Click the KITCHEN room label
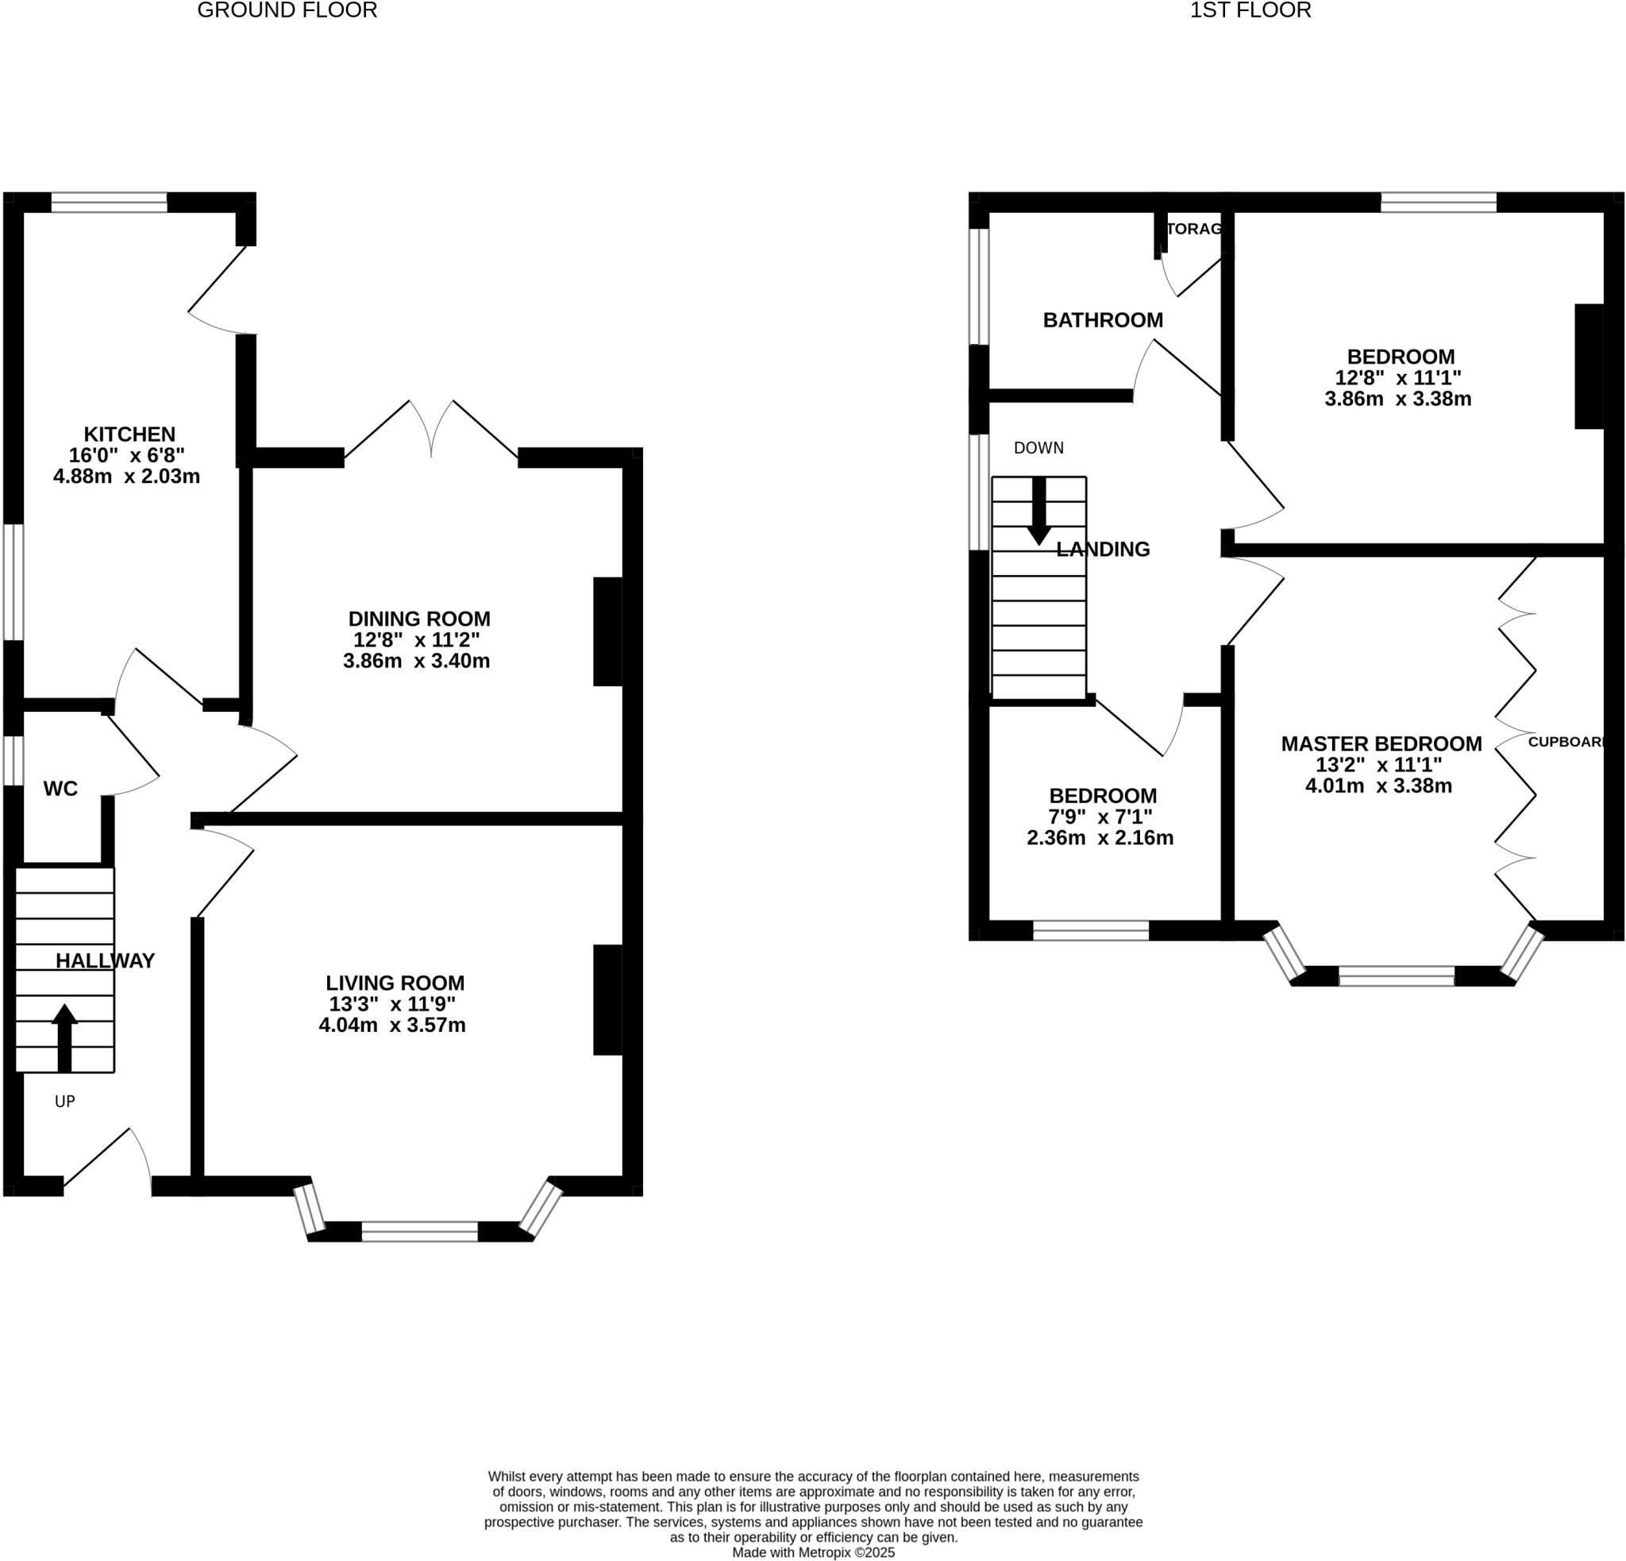(129, 434)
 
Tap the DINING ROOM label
(419, 618)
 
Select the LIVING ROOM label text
(395, 983)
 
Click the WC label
(60, 788)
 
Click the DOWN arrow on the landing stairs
(1038, 512)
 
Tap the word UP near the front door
(65, 1101)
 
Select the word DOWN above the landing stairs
(1038, 448)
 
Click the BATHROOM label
(1103, 319)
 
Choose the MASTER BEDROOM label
(1381, 744)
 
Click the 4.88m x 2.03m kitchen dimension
(126, 477)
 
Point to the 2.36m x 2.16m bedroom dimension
(1100, 837)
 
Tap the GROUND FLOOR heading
(287, 11)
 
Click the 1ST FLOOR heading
(1250, 11)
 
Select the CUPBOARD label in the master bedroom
(1566, 742)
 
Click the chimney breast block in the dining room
(607, 632)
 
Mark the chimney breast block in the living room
(607, 1000)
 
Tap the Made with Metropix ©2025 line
(813, 1552)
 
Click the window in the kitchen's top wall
(109, 203)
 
